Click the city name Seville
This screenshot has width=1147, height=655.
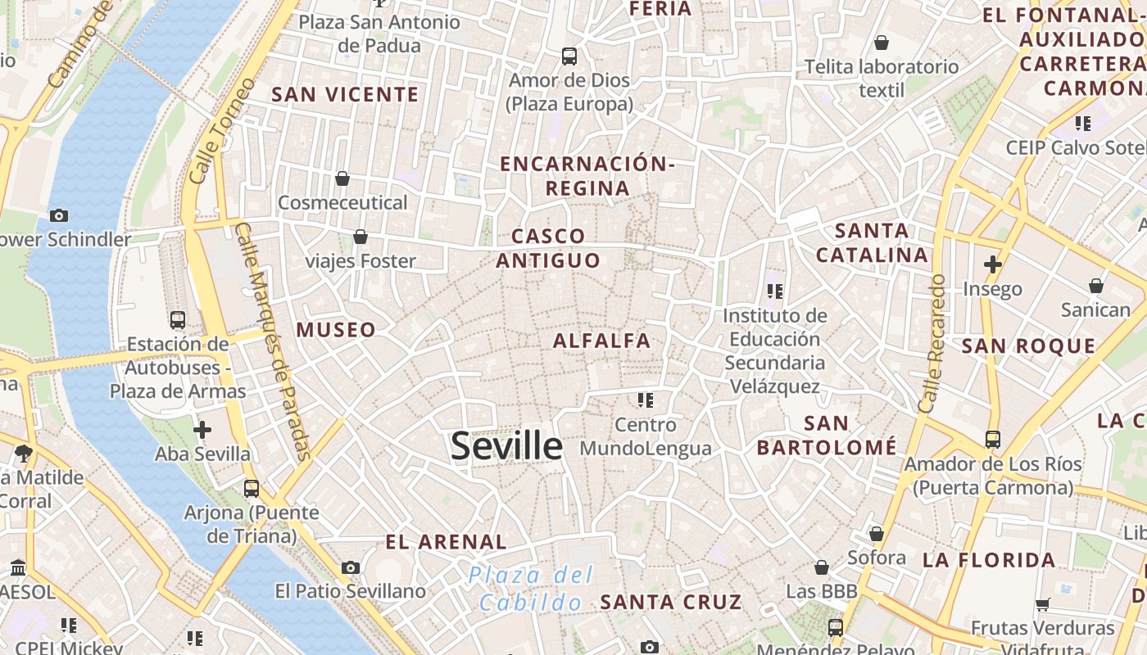[506, 446]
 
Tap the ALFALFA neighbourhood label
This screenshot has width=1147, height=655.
[601, 341]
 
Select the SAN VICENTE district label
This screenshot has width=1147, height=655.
[345, 94]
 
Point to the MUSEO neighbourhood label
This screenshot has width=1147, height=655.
[336, 330]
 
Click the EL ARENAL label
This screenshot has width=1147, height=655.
[447, 541]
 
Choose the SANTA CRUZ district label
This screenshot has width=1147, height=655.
[671, 602]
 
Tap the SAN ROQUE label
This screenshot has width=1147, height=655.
[1028, 346]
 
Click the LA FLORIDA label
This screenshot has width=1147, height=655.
[989, 560]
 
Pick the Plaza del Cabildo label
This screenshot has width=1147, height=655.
[530, 589]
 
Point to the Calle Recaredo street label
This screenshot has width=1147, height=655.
[932, 344]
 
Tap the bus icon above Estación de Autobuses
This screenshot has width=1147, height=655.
[178, 319]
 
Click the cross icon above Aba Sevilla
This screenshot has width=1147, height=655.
[202, 429]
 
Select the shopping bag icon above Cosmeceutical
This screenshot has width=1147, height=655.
[342, 178]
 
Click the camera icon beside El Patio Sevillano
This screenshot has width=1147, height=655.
[351, 567]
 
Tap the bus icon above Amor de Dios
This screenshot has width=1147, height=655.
[569, 56]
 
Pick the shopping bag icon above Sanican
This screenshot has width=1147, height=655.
[1095, 286]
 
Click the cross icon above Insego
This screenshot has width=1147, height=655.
[993, 264]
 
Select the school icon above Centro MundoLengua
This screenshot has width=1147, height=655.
[646, 400]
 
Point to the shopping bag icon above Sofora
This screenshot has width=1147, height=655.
[877, 534]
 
